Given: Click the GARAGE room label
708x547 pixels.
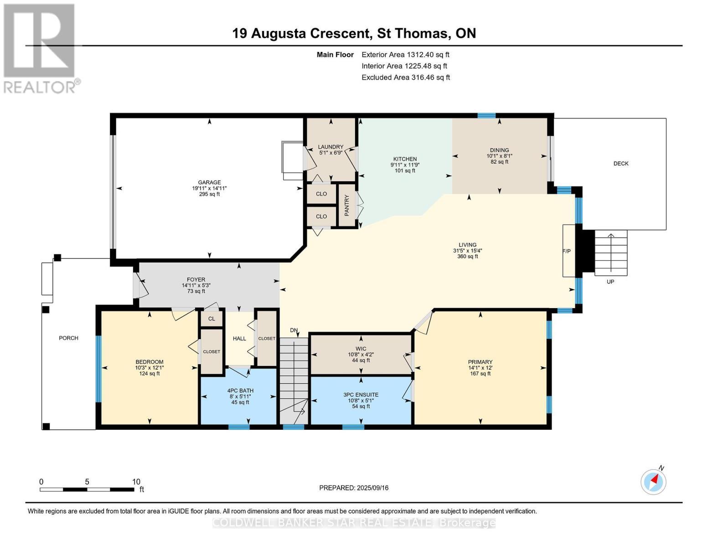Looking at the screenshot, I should (x=209, y=182).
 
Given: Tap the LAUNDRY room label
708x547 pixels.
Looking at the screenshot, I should (x=331, y=147).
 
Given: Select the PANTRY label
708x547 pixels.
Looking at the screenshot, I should (x=346, y=205).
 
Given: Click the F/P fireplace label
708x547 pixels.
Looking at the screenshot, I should (x=567, y=251).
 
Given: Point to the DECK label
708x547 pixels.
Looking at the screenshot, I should (x=620, y=164).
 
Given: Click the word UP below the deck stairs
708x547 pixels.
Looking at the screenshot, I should (x=610, y=282).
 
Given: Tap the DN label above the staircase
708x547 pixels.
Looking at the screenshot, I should (x=294, y=330).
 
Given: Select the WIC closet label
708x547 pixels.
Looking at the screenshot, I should (x=361, y=349).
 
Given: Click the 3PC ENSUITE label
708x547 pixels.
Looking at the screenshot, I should (x=361, y=395).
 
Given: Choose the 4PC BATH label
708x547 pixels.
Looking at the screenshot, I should (x=240, y=391).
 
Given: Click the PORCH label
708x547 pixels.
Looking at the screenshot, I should (x=68, y=338).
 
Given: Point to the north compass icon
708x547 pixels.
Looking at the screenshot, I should (x=653, y=481).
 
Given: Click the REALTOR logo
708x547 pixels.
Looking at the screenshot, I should (x=40, y=48).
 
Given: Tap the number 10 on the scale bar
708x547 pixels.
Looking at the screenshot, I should (x=136, y=482).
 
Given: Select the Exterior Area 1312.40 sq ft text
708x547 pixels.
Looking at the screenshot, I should (x=405, y=55).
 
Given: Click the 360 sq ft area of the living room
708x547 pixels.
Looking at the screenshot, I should (x=467, y=257).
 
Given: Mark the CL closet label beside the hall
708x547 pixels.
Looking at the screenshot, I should (x=212, y=319).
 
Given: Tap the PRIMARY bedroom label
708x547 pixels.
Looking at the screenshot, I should (x=480, y=362).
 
